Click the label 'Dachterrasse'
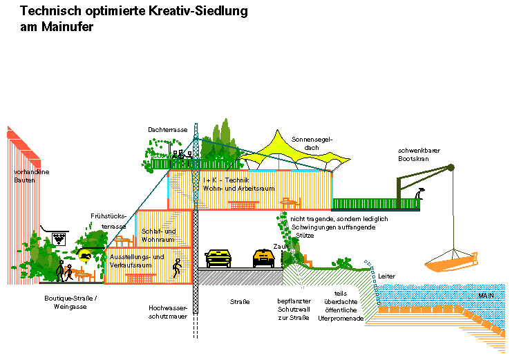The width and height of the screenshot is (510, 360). pyautogui.click(x=167, y=129)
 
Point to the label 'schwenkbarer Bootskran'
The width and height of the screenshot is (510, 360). pyautogui.click(x=419, y=155)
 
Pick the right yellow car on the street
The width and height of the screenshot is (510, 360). pyautogui.click(x=265, y=258)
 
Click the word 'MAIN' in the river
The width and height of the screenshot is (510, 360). pyautogui.click(x=487, y=296)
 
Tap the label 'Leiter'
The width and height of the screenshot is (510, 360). pyautogui.click(x=388, y=276)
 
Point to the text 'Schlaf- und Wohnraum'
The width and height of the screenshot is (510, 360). pyautogui.click(x=158, y=236)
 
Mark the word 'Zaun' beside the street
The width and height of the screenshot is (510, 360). pyautogui.click(x=281, y=245)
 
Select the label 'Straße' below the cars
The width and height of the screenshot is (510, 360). pyautogui.click(x=239, y=302)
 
